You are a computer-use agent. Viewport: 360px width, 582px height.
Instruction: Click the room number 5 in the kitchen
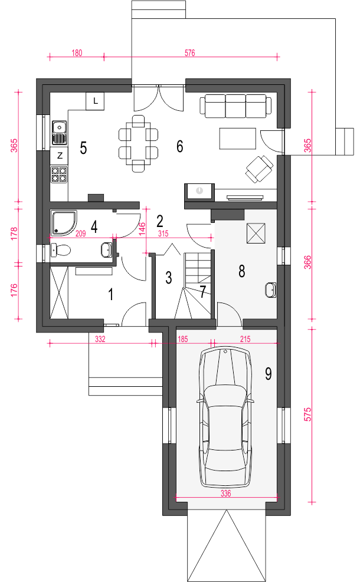[x=84, y=148]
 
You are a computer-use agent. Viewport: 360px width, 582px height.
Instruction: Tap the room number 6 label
[x=180, y=146]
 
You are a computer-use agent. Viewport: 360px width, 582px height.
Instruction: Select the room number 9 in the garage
[x=269, y=373]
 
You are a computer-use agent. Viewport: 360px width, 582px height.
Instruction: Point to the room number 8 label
[x=242, y=271]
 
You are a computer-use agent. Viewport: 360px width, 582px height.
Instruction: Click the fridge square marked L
[x=95, y=101]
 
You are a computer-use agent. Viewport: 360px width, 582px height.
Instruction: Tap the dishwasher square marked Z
[x=60, y=156]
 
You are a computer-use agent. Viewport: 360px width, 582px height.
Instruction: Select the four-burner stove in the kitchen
[x=59, y=175]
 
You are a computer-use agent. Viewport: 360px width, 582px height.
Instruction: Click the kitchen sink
[x=59, y=133]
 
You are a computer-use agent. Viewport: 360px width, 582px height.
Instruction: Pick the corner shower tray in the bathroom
[x=64, y=223]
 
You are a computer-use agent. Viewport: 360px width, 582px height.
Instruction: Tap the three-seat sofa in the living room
[x=235, y=106]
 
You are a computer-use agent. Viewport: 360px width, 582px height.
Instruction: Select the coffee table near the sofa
[x=238, y=139]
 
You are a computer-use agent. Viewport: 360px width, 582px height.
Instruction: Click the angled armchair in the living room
[x=259, y=169]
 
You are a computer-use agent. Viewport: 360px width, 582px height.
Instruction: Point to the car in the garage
[x=225, y=417]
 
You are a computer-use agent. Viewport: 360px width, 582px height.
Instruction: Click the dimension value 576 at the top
[x=189, y=53]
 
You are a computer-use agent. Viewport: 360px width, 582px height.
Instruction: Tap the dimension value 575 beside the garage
[x=308, y=414]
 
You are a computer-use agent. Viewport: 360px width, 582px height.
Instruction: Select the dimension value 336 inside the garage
[x=225, y=494]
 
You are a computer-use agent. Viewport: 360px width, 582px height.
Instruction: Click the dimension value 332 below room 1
[x=100, y=339]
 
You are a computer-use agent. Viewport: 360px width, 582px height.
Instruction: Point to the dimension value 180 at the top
[x=77, y=53]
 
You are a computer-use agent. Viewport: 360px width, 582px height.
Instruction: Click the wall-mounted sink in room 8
[x=271, y=290]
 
